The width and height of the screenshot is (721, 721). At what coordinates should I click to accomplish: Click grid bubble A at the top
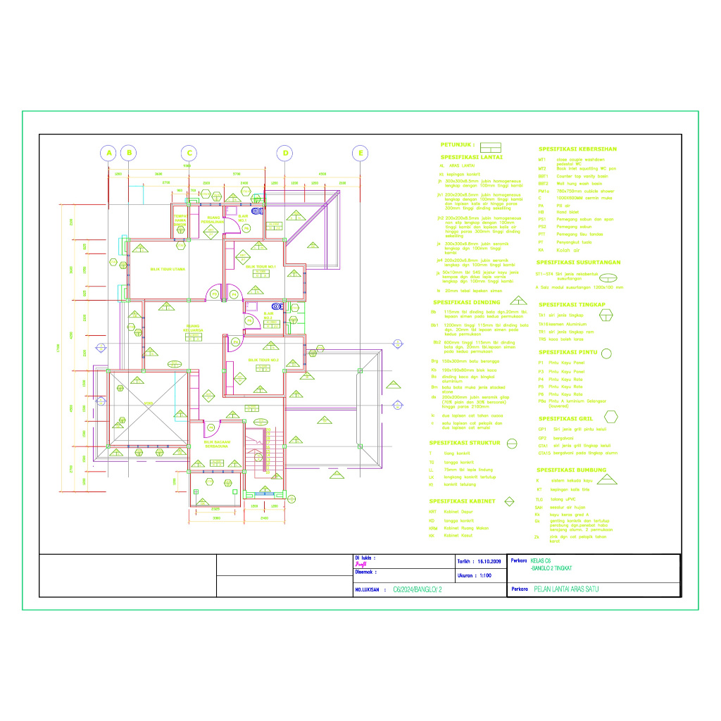pos(108,153)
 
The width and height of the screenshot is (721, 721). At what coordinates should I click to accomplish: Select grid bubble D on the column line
pos(285,153)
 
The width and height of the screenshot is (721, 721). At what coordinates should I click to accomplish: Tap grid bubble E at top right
pos(360,153)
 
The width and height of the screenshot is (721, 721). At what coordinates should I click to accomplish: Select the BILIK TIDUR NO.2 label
pos(263,360)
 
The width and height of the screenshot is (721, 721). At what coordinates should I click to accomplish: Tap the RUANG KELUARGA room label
pos(194,329)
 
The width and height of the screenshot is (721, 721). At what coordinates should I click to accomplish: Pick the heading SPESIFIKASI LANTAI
pos(471,157)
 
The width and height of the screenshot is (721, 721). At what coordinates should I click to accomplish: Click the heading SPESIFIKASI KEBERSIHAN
pos(577,149)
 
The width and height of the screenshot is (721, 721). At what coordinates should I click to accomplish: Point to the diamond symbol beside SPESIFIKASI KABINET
pos(509,501)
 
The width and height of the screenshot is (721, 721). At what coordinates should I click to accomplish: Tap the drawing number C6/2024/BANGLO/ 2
pos(418,589)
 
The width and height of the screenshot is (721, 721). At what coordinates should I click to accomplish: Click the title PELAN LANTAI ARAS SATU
pos(565,589)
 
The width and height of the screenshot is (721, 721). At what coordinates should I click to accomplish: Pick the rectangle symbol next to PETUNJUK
pos(490,146)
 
